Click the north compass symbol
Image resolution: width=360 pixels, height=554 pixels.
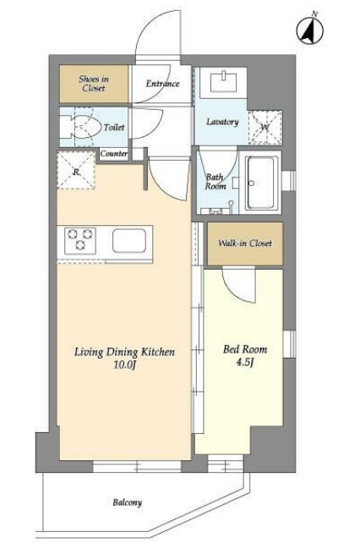pos(310,30)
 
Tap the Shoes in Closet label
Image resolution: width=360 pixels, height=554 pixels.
pos(94,84)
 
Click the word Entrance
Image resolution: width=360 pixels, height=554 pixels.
pos(163,84)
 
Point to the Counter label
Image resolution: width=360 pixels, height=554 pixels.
pos(113,154)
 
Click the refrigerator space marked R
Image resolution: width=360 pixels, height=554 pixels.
pos(76,170)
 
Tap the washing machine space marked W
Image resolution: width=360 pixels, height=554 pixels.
pos(265,128)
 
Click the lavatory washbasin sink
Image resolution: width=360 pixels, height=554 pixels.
pos(223,83)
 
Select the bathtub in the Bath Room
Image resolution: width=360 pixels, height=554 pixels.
pos(261,183)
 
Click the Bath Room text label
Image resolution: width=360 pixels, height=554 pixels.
pos(215,182)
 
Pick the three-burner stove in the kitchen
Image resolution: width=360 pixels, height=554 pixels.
pos(80,240)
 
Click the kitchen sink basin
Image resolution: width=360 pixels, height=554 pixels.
pos(129,240)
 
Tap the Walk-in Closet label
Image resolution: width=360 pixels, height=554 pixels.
pos(245,243)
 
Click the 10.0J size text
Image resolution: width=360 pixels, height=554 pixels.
pos(124,365)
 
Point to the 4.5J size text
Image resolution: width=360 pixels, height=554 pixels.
pos(245,362)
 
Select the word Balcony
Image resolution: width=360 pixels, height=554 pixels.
pos(128,502)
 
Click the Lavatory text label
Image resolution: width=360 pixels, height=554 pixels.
pos(222,122)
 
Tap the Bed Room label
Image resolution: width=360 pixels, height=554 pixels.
pos(245,349)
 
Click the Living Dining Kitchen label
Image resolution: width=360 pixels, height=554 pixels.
pos(124,352)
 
